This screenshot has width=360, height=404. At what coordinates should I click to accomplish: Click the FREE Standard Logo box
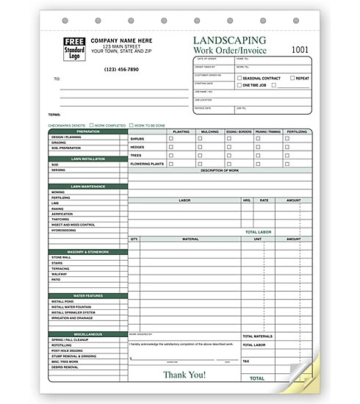(x=73, y=48)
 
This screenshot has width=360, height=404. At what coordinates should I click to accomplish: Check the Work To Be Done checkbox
(x=130, y=125)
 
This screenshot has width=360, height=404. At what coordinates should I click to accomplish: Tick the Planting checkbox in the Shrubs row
(x=172, y=138)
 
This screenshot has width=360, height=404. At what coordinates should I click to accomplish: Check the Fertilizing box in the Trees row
(x=287, y=154)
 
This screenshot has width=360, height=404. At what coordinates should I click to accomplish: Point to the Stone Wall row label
(x=62, y=258)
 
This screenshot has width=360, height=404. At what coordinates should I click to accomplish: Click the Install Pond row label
(x=63, y=301)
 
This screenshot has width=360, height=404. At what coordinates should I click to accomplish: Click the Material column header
(x=190, y=239)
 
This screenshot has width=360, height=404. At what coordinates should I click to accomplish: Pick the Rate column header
(x=264, y=199)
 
